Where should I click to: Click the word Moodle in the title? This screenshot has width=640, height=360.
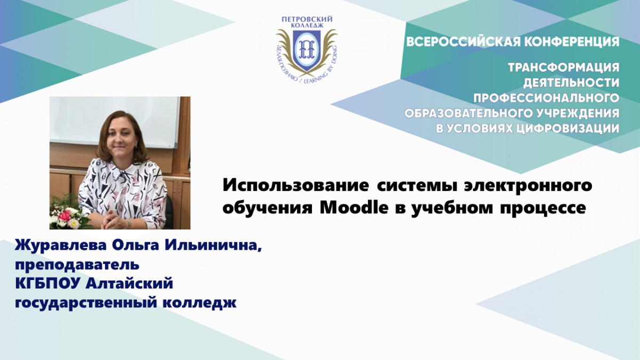click(354, 207)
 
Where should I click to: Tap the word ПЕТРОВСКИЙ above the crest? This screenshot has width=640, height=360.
click(307, 19)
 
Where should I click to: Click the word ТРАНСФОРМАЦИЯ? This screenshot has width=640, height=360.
click(564, 67)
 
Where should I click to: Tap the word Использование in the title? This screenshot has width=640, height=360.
click(295, 186)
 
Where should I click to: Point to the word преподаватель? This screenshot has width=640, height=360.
click(77, 265)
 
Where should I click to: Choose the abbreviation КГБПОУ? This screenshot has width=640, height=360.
click(48, 283)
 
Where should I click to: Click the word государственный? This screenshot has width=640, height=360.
click(86, 303)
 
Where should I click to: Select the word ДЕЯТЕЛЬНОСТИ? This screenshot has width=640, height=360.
click(571, 83)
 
